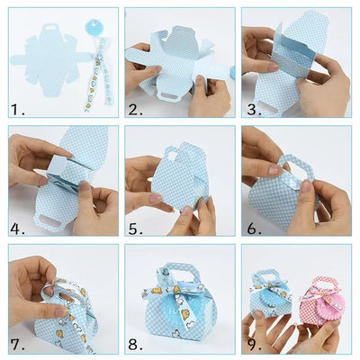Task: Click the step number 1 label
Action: pos(17,110)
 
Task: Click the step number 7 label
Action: pos(17,344)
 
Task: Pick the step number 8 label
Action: pos(134,344)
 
